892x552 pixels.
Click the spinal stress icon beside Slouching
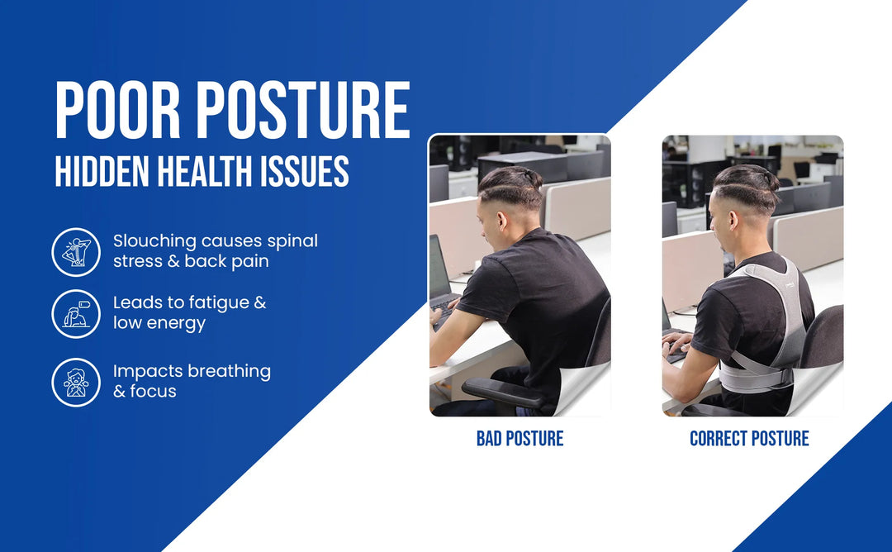pyautogui.click(x=76, y=252)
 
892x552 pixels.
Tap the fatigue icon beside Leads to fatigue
pyautogui.click(x=76, y=313)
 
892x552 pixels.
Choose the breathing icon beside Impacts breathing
pyautogui.click(x=76, y=382)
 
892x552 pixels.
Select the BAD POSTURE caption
pyautogui.click(x=520, y=439)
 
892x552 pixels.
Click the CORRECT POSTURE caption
pyautogui.click(x=749, y=439)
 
